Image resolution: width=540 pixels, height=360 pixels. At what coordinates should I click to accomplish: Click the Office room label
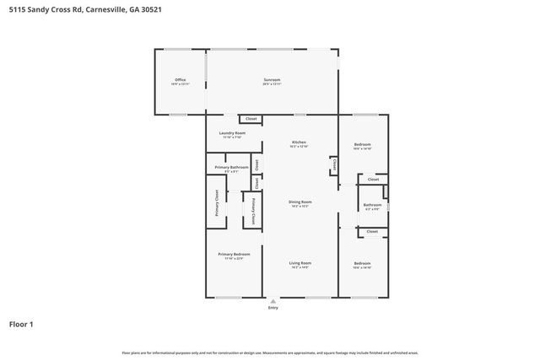point(180,80)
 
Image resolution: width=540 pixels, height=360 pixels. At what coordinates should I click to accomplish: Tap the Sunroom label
point(271,80)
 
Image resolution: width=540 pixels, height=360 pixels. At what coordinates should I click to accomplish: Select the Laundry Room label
point(232,133)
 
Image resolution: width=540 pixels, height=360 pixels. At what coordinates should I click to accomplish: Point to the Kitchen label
point(299,142)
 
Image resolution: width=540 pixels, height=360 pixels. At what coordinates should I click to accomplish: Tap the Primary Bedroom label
point(234,255)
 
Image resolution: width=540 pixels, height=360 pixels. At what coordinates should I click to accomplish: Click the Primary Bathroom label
point(231,167)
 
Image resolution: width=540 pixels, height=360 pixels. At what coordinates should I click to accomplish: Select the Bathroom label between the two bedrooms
point(372,205)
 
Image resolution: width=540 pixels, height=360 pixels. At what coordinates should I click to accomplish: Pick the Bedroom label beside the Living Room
point(362,263)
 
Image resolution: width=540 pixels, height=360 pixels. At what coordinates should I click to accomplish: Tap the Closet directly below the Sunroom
point(251,119)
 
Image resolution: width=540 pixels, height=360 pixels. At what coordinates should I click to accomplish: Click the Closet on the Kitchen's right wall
point(334,164)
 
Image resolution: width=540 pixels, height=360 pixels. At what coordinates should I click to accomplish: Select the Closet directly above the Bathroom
point(373,179)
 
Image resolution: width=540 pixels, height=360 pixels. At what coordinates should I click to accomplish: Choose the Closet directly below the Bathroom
point(373,231)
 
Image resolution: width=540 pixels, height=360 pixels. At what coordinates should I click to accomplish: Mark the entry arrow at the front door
point(272,300)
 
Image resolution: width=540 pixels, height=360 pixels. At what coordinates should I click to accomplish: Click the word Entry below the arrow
point(272,308)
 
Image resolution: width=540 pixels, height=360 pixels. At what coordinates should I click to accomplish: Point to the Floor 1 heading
point(22,323)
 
